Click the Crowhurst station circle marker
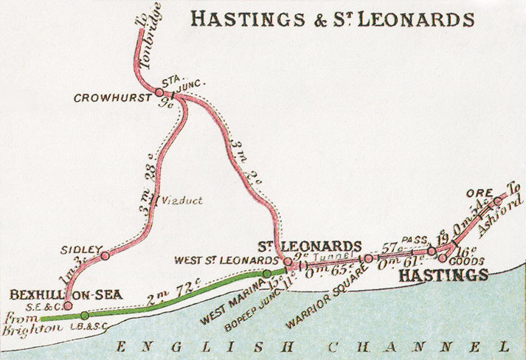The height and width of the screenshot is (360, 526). pos(159,92)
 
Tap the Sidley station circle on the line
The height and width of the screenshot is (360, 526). pos(105,256)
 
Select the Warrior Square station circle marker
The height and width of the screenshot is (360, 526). pos(367,258)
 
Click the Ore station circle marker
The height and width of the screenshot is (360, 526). pos(497,200)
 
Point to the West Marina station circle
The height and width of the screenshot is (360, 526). pos(267,274)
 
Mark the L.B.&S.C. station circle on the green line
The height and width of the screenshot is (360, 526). pos(85,316)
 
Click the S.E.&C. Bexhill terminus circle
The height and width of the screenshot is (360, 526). pos(68,305)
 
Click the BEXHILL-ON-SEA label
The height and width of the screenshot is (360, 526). pos(58,294)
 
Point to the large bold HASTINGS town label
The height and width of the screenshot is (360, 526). pos(443,274)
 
